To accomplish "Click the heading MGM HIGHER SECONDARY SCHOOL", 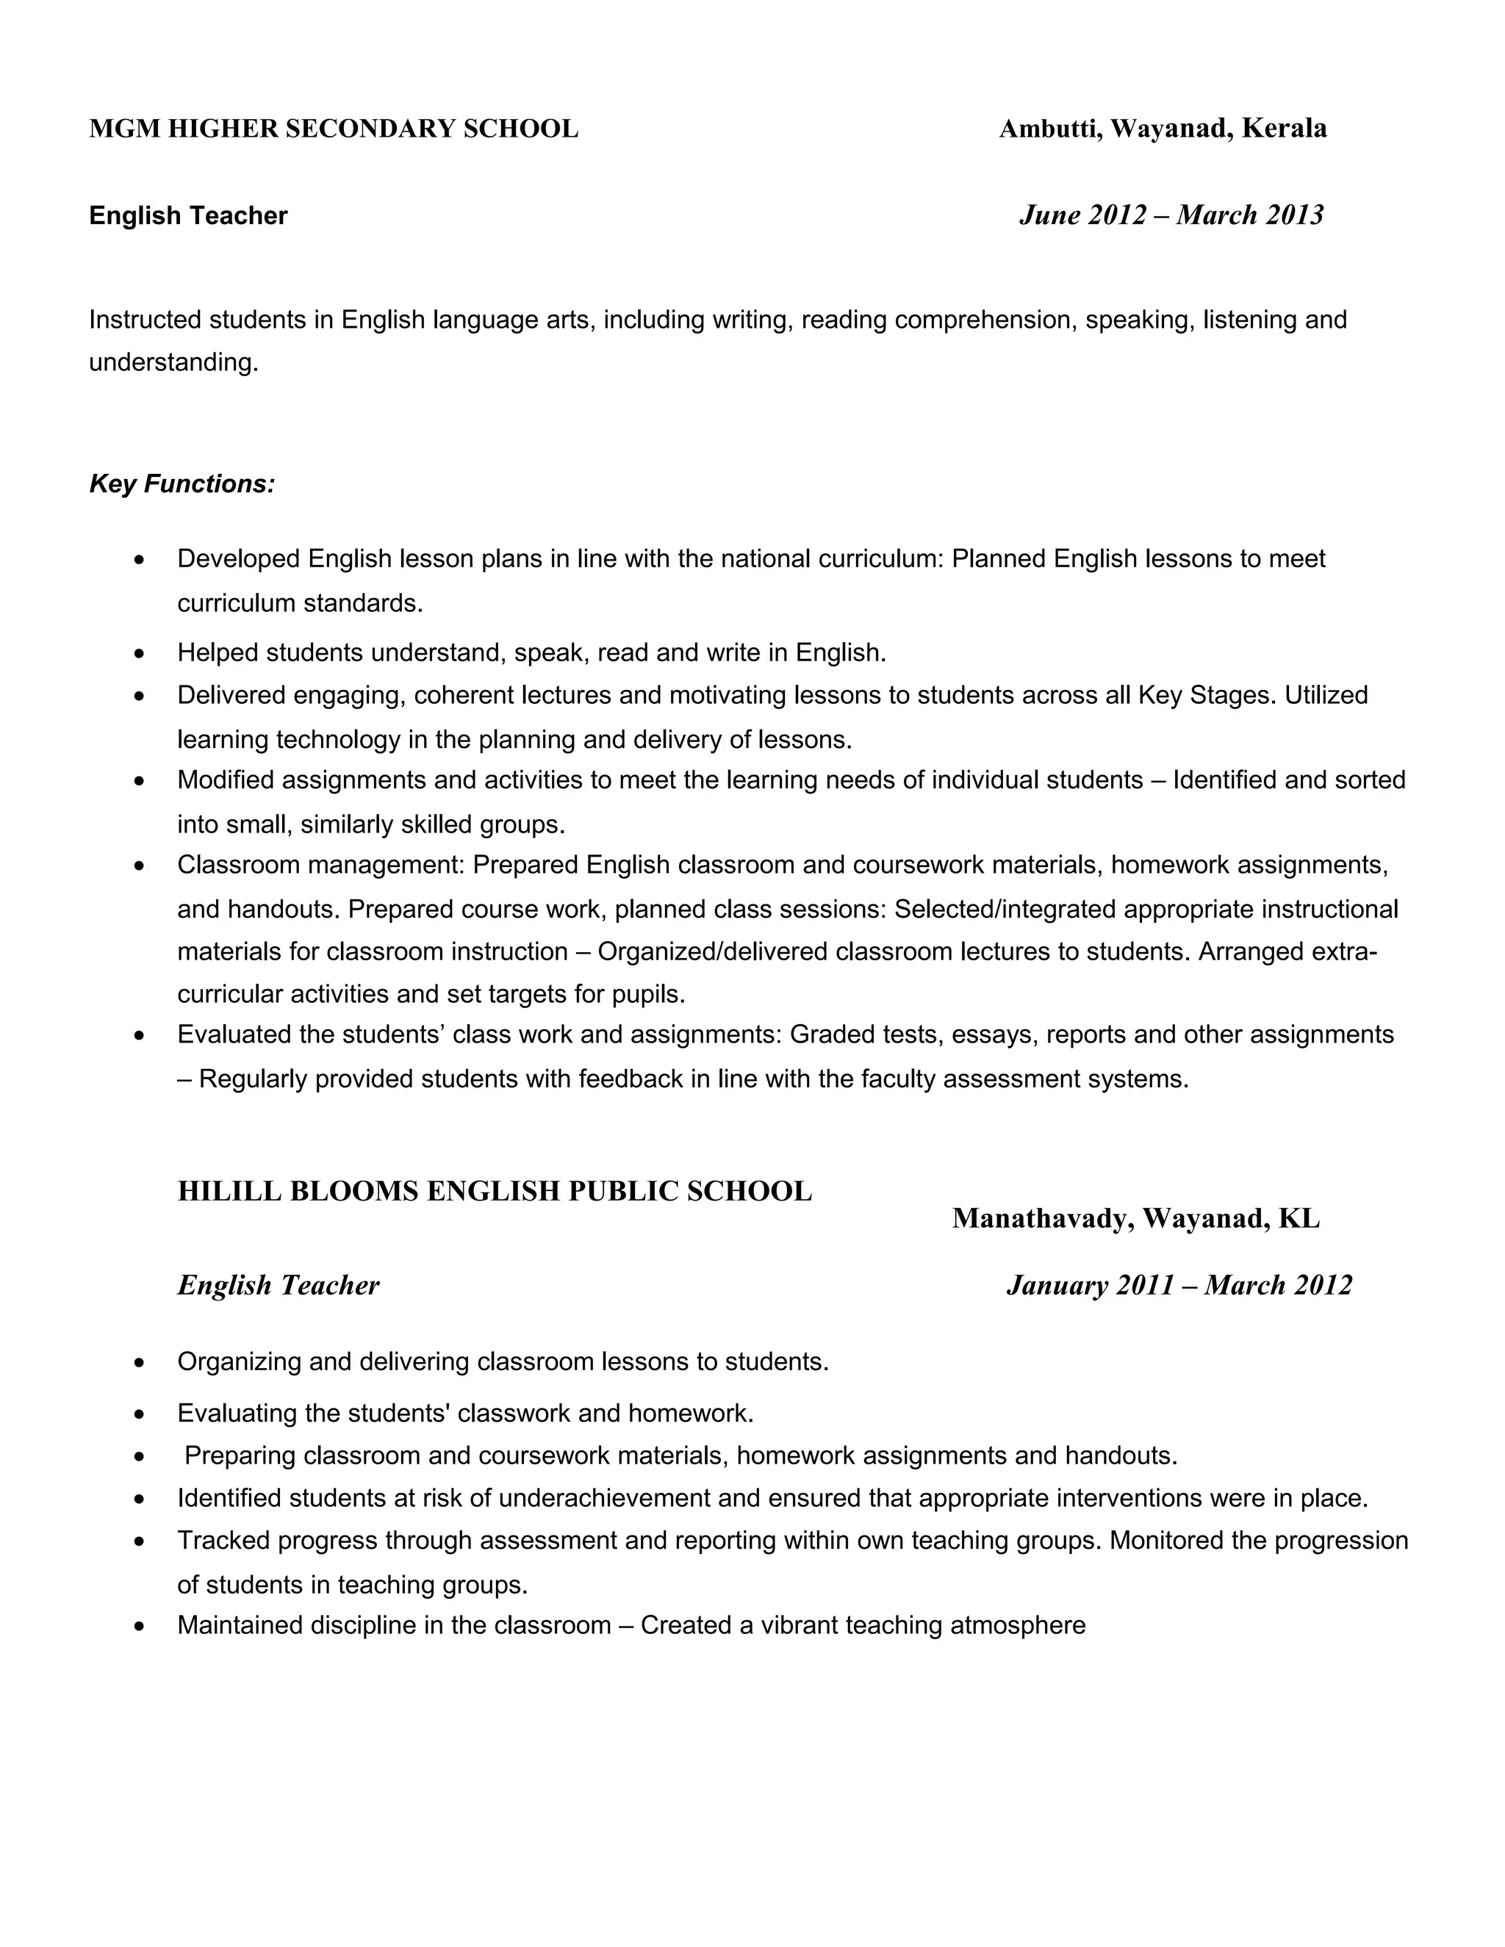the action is (x=334, y=129).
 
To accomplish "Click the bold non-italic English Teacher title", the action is (x=188, y=216).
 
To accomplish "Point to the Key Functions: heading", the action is (x=182, y=484).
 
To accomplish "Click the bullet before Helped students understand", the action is (x=139, y=653).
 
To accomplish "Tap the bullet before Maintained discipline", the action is (x=139, y=1626).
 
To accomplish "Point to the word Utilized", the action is (x=1326, y=694).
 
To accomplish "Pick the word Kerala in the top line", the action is (x=1283, y=129).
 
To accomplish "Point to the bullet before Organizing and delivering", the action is (x=139, y=1362).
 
